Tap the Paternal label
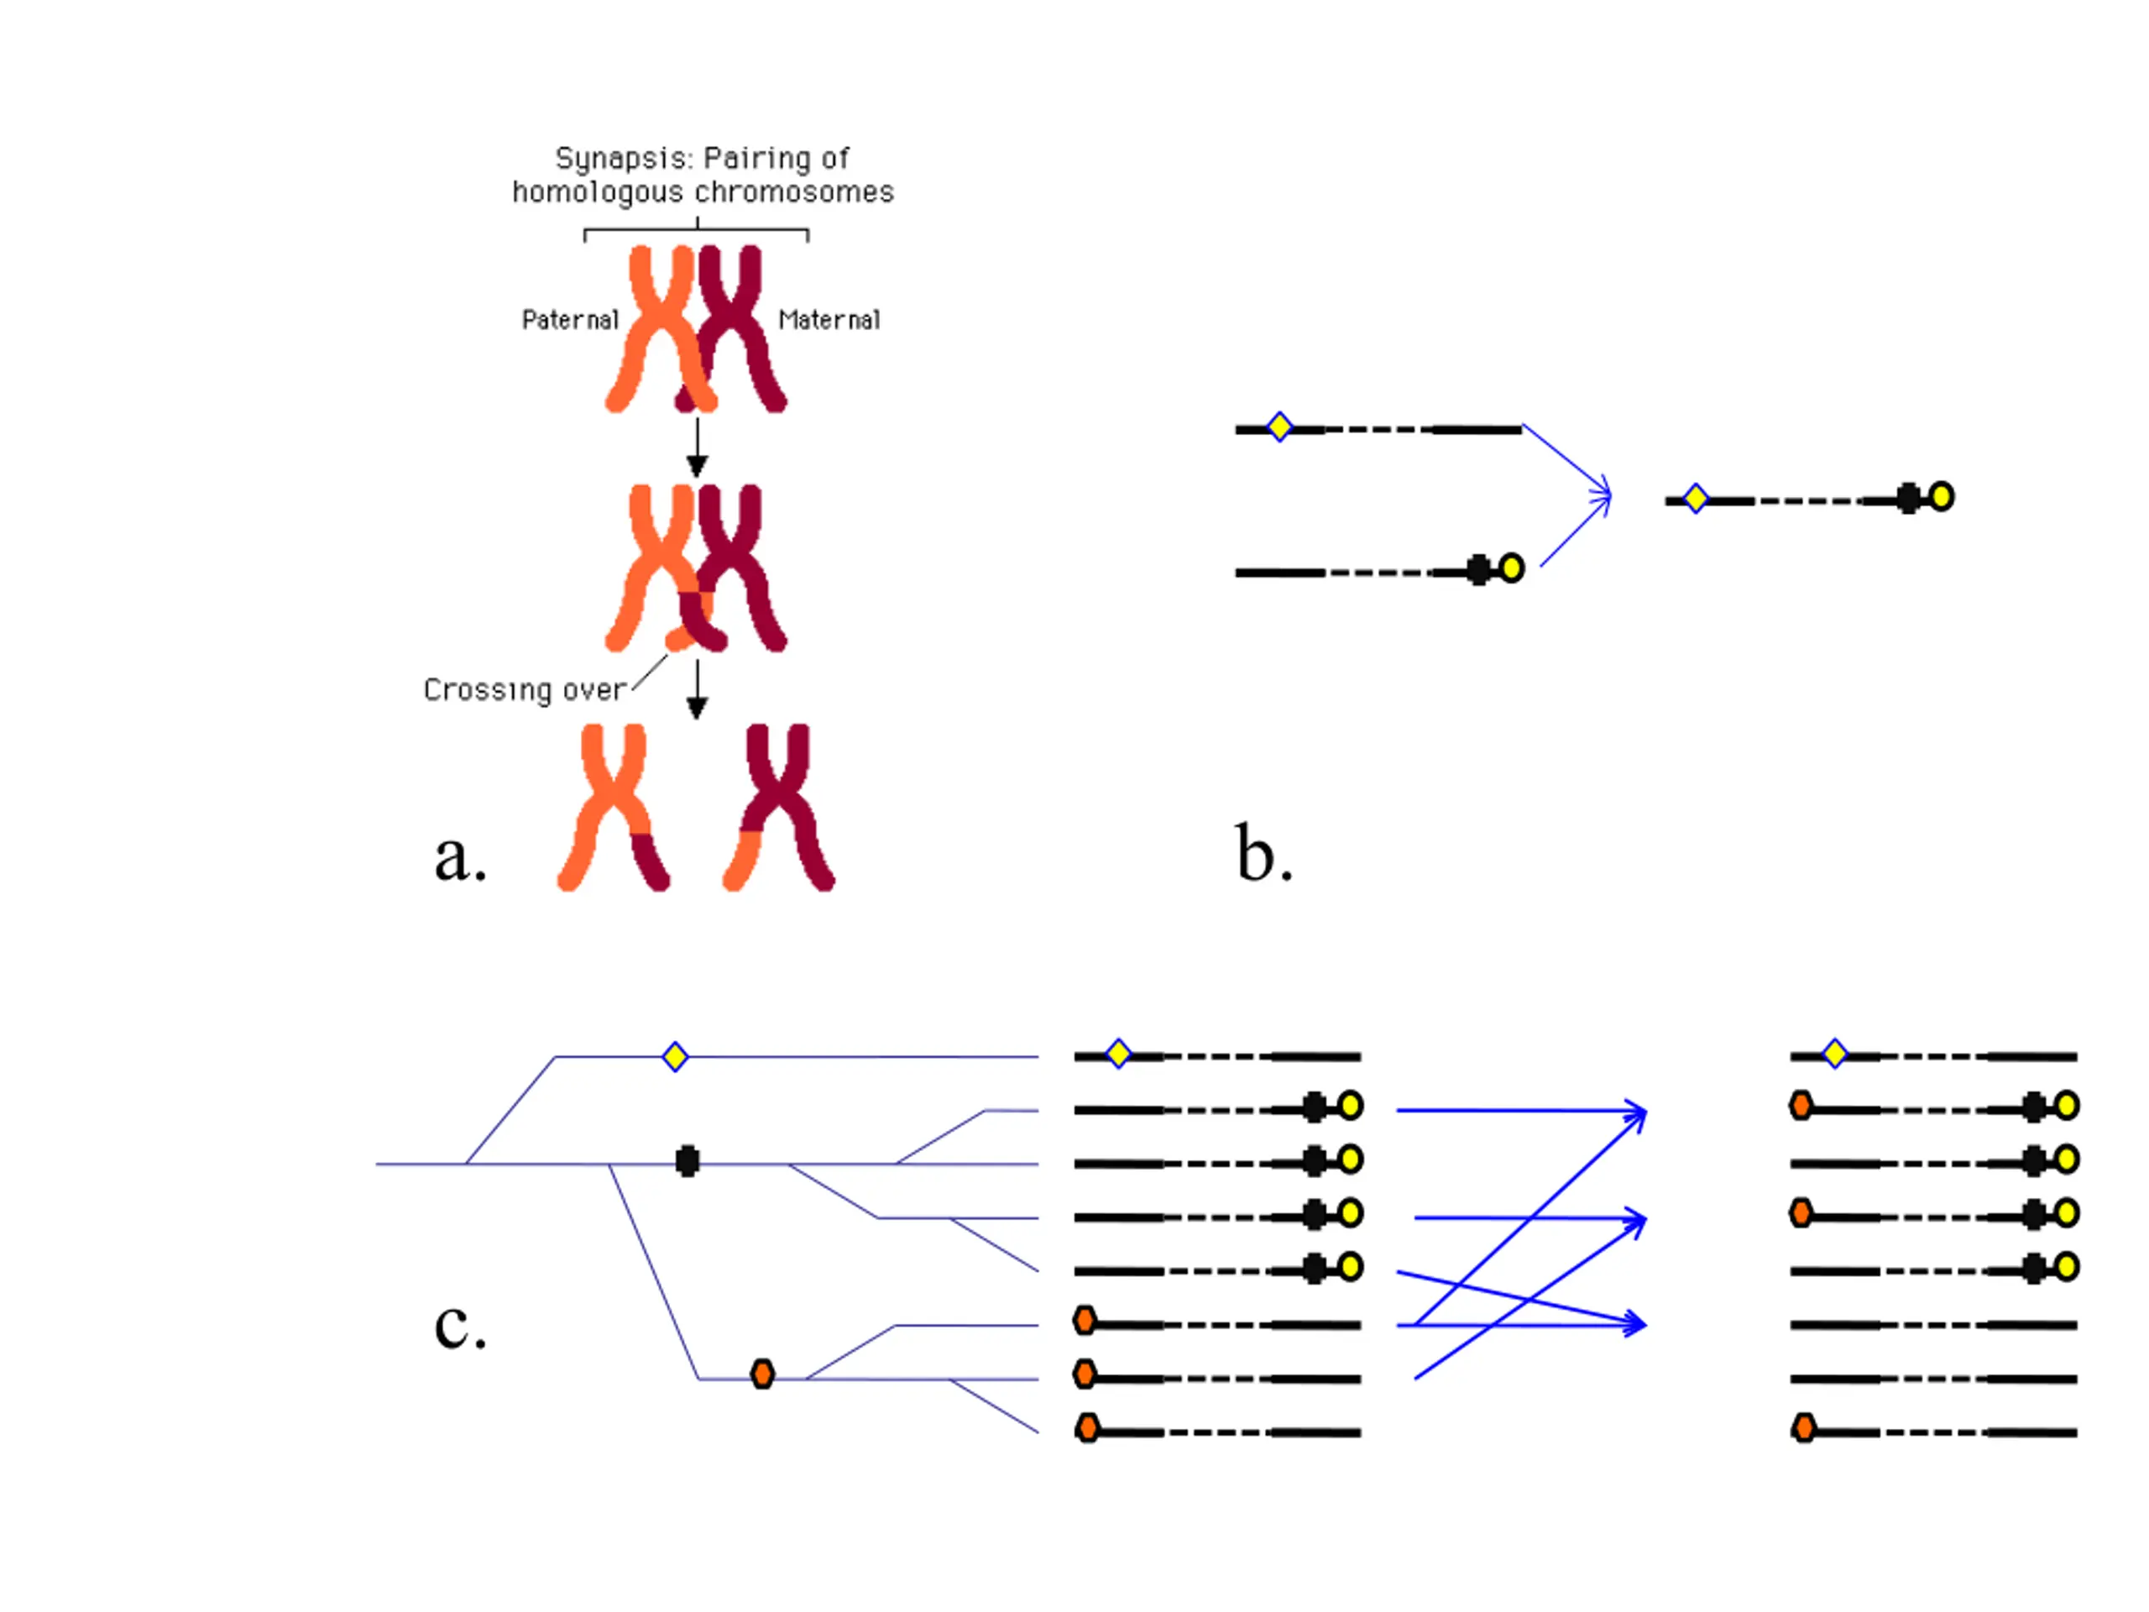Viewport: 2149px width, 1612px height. tap(569, 320)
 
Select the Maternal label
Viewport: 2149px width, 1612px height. tap(829, 320)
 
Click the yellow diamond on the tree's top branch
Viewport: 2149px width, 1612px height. tap(675, 1056)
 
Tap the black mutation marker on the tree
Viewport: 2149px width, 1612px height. tap(687, 1160)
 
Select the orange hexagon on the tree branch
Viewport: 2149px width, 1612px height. tap(762, 1374)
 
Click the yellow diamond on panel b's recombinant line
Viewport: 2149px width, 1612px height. tap(1696, 499)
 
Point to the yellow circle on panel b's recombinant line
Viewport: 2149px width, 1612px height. tap(1941, 496)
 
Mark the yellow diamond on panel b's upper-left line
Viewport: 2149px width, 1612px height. tap(1279, 427)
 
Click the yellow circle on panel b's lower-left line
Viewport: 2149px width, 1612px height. tap(1512, 568)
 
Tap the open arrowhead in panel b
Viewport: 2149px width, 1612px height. tap(1601, 496)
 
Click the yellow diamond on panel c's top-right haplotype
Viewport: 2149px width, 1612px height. tap(1835, 1054)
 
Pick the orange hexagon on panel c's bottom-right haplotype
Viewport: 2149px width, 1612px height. tap(1804, 1428)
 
